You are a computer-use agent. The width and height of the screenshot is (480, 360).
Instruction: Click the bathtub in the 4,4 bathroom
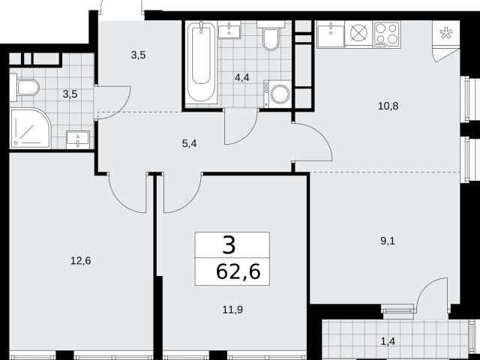(201, 62)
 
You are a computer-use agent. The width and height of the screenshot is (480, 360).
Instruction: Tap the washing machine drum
(280, 94)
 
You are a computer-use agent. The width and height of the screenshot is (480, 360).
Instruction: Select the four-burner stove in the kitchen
(387, 34)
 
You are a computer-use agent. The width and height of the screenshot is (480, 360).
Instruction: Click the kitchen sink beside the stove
(331, 34)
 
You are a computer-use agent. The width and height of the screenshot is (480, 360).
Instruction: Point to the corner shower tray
(30, 128)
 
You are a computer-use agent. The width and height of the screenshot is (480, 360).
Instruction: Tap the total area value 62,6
(238, 271)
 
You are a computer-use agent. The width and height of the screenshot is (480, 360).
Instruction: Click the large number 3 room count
(229, 245)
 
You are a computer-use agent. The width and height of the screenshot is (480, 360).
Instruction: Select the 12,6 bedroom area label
(80, 261)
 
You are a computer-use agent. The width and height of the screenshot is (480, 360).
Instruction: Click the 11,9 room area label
(232, 310)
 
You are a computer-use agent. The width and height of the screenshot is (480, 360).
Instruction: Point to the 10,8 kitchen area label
(388, 106)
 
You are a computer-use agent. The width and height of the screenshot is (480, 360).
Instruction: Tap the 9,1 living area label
(388, 241)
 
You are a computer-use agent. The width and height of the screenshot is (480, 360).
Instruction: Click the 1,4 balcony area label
(388, 341)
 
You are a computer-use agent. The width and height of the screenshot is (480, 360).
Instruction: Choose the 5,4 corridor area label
(189, 143)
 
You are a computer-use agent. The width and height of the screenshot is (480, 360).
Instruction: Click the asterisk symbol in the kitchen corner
(445, 33)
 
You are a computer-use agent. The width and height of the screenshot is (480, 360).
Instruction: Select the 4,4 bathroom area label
(241, 78)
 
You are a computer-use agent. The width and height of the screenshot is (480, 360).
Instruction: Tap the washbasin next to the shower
(78, 139)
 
